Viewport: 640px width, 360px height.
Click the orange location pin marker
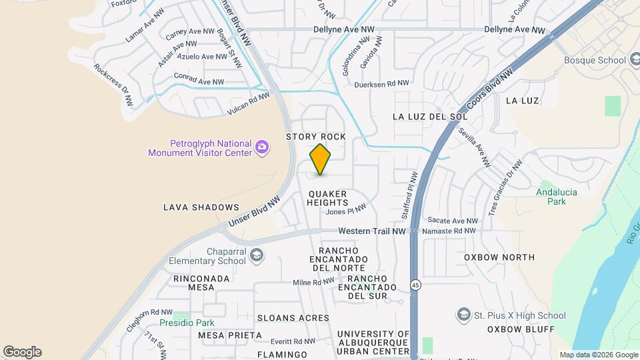pos(321,159)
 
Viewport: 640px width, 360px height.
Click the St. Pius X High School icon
pos(463,315)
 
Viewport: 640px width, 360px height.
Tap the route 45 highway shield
pos(416,285)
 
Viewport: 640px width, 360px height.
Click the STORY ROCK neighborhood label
pos(316,137)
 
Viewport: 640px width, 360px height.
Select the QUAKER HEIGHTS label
pos(328,198)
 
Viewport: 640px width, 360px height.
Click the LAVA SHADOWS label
pos(201,207)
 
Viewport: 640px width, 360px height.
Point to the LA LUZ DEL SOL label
pos(430,116)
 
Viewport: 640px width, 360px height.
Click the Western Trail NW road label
pos(372,231)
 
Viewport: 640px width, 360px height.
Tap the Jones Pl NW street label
pos(346,211)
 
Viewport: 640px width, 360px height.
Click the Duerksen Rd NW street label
pos(381,84)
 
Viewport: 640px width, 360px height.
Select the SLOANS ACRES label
pos(293,318)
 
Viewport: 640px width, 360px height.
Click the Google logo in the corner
pos(22,351)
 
